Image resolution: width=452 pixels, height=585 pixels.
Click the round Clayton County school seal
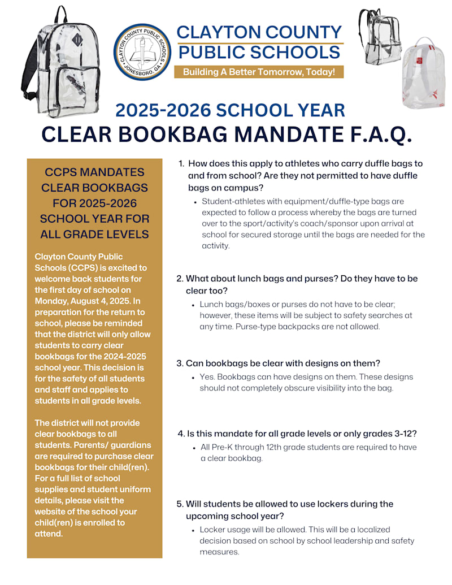142,52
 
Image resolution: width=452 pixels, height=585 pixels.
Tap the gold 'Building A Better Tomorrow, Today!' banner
259,72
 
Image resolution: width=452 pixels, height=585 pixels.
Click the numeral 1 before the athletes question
181,163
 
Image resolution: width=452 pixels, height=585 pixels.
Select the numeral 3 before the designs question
180,363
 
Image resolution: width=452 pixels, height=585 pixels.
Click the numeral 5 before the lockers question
180,504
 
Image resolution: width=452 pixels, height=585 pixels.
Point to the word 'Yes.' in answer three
207,376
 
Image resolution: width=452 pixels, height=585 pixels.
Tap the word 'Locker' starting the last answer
212,530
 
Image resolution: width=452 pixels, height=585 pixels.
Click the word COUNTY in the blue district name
305,32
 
